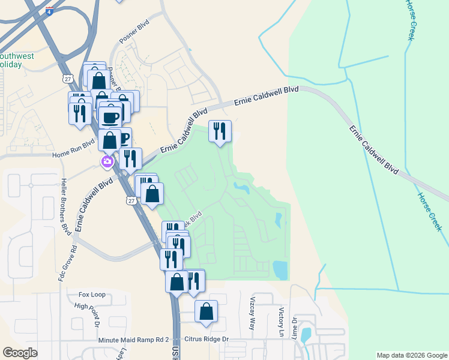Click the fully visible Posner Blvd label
133,35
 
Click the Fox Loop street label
92,295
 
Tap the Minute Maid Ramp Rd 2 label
134,340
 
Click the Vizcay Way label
252,316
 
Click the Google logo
20,352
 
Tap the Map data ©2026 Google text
411,355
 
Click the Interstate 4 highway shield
49,11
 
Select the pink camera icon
107,161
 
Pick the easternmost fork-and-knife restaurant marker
220,130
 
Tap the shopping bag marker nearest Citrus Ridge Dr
206,311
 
